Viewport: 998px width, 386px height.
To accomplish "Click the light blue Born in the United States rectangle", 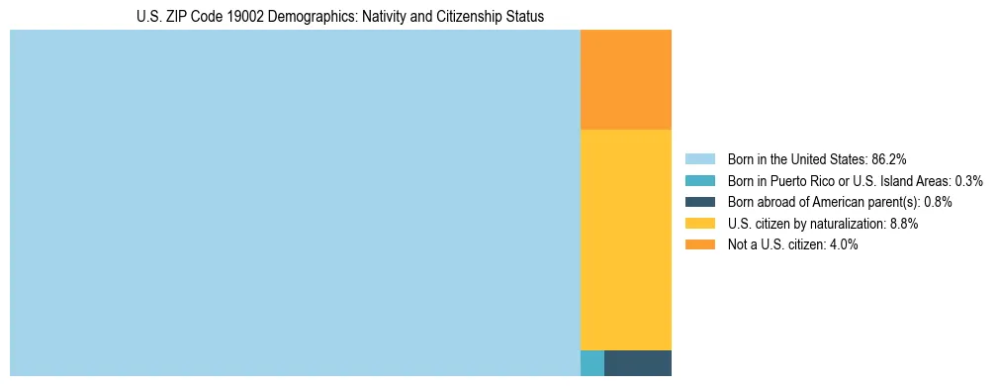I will pyautogui.click(x=295, y=203).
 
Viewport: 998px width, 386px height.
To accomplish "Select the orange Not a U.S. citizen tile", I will pyautogui.click(x=625, y=80).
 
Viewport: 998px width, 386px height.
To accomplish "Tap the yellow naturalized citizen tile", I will pyautogui.click(x=625, y=240).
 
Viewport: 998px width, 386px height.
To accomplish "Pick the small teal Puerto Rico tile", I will pyautogui.click(x=591, y=363).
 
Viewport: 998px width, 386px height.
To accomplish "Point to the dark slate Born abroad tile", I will pyautogui.click(x=637, y=363).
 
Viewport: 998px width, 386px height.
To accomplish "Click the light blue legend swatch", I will pyautogui.click(x=699, y=158).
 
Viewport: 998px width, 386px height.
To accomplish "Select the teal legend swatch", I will pyautogui.click(x=699, y=180).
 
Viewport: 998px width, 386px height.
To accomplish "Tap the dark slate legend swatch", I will pyautogui.click(x=699, y=202).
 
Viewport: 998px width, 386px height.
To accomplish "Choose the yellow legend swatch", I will pyautogui.click(x=699, y=224).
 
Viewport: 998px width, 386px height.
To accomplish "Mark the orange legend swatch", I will pyautogui.click(x=699, y=245).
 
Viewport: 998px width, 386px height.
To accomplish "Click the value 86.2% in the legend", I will pyautogui.click(x=888, y=158).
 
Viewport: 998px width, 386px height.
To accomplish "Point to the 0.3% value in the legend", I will pyautogui.click(x=968, y=180).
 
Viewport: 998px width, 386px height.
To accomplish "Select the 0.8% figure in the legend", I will pyautogui.click(x=938, y=202).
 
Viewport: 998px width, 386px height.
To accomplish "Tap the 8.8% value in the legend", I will pyautogui.click(x=904, y=224).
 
